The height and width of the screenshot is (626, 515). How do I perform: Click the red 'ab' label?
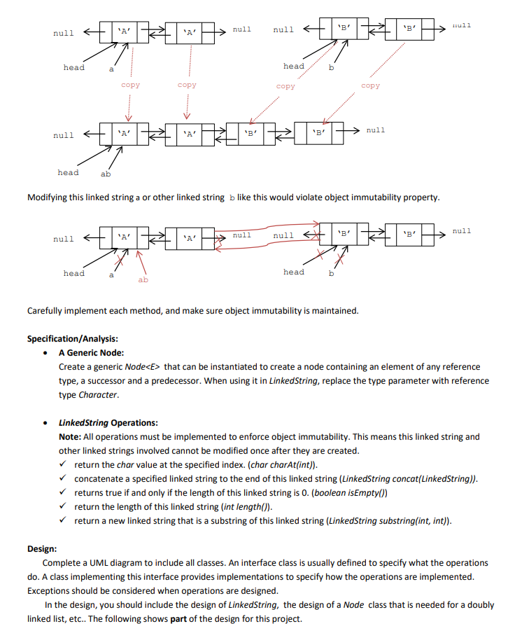(143, 279)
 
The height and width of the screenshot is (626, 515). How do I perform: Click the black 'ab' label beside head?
(105, 174)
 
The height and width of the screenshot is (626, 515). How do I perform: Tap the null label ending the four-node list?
(375, 130)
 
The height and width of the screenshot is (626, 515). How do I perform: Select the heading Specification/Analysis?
(72, 339)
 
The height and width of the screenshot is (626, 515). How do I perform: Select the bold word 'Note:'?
(71, 437)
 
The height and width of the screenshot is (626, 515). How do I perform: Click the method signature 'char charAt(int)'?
(286, 465)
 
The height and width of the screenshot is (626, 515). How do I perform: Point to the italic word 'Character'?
(98, 395)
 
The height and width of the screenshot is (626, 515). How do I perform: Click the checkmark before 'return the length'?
(64, 507)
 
